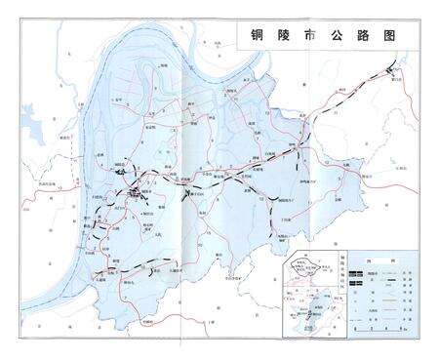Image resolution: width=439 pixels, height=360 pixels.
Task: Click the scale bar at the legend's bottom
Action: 376,328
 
